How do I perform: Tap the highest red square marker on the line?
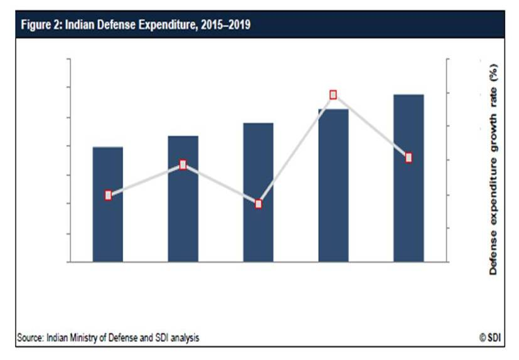coord(333,95)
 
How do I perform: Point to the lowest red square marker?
coord(259,204)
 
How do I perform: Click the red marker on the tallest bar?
coord(409,157)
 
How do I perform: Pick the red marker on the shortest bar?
coord(108,195)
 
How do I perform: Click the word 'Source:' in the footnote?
coord(29,338)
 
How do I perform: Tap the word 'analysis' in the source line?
coord(185,338)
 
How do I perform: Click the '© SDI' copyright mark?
coord(491,338)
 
